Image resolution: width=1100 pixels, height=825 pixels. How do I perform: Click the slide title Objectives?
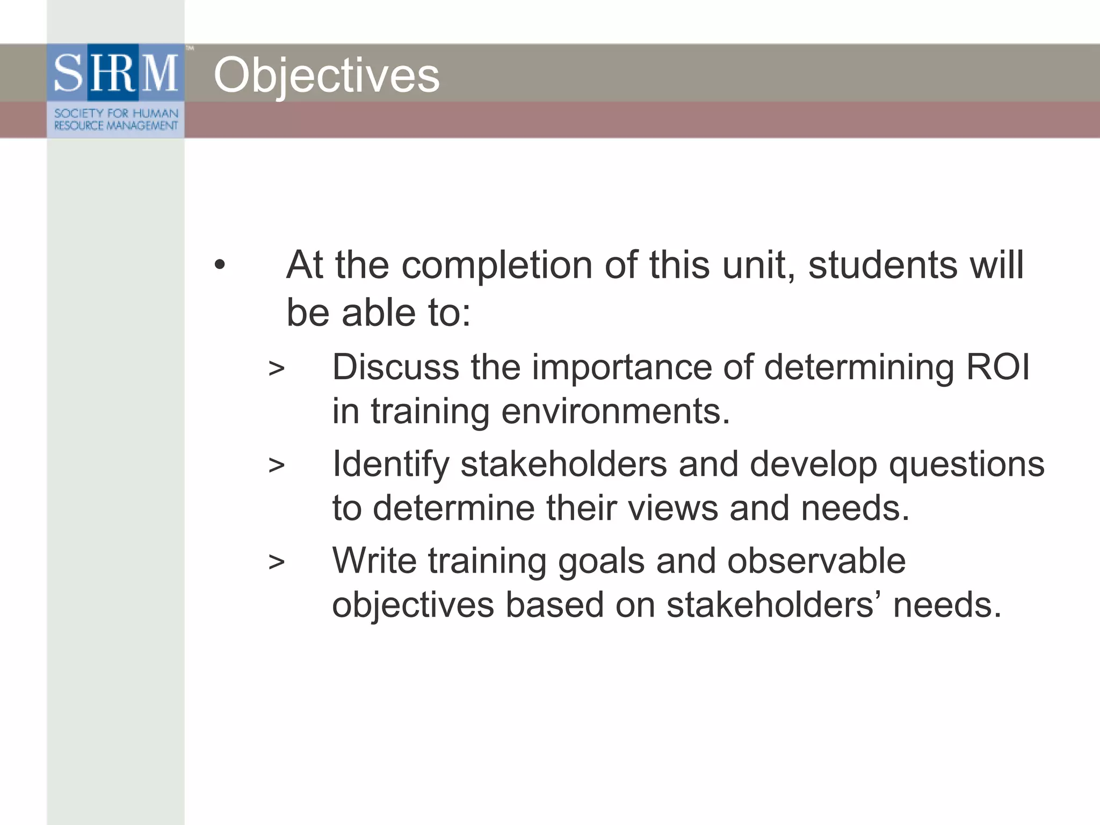(x=327, y=76)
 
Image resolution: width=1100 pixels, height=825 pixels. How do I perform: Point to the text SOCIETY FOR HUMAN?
(x=116, y=113)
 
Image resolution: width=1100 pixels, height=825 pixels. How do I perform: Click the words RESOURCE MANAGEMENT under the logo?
(x=116, y=126)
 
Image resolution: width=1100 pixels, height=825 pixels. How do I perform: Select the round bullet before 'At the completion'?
(x=219, y=265)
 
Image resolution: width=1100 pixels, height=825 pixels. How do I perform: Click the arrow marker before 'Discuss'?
(x=276, y=368)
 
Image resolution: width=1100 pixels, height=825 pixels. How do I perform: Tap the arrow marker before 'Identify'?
(x=276, y=465)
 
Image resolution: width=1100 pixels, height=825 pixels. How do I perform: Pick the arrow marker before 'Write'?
(x=276, y=562)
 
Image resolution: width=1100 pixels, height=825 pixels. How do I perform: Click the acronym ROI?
(x=998, y=367)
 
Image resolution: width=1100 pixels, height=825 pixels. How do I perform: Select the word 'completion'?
(x=497, y=265)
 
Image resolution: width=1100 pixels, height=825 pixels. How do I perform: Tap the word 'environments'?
(x=616, y=411)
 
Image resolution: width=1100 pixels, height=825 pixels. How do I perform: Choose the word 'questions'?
(x=967, y=465)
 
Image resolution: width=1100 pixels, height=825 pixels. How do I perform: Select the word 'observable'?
(x=816, y=561)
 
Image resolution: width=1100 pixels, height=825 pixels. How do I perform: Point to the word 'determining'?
(x=859, y=368)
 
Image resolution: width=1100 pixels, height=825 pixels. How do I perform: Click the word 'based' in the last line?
(x=554, y=605)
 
